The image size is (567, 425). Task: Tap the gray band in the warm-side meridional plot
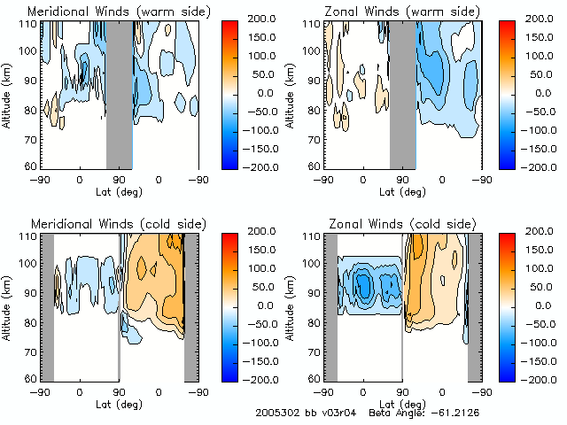pyautogui.click(x=119, y=93)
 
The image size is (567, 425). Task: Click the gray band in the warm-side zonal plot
pyautogui.click(x=403, y=93)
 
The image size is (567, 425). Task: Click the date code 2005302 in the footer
pyautogui.click(x=275, y=413)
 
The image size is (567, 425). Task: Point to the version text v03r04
pyautogui.click(x=335, y=413)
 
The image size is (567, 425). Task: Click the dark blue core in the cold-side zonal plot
pyautogui.click(x=363, y=285)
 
